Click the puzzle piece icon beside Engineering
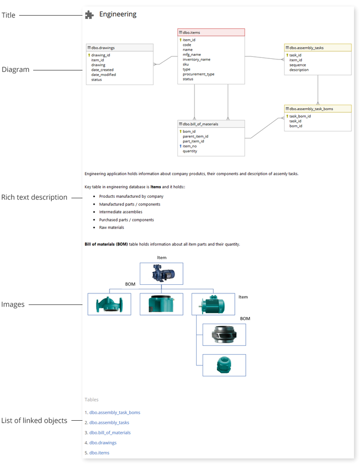pos(89,15)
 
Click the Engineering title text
pos(118,14)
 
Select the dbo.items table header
pos(211,32)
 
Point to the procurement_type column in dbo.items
pos(199,74)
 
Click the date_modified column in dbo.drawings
pos(104,74)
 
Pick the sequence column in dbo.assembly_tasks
pos(298,65)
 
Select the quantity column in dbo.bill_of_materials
pos(190,151)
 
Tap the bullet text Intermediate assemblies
pos(121,212)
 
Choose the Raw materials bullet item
pos(112,227)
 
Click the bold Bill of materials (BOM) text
pos(106,244)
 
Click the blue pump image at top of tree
pos(161,274)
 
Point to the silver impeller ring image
pos(224,335)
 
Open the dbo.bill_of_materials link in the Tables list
pos(110,433)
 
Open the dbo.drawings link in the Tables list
pos(103,443)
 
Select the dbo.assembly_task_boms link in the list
pos(115,413)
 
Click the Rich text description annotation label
pos(34,197)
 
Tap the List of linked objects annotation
pos(34,421)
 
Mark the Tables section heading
pos(92,400)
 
